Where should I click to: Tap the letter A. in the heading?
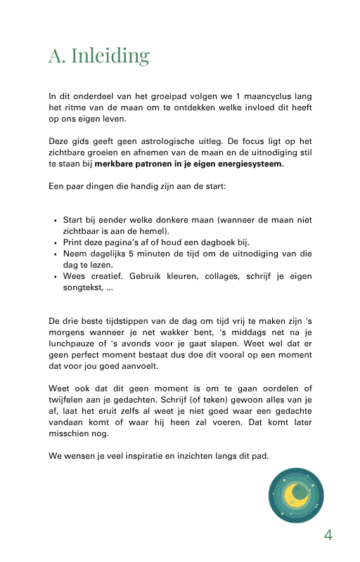pos(57,56)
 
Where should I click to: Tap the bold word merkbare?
pos(115,164)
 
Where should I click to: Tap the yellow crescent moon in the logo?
pos(296,496)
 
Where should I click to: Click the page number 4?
pos(328,535)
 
